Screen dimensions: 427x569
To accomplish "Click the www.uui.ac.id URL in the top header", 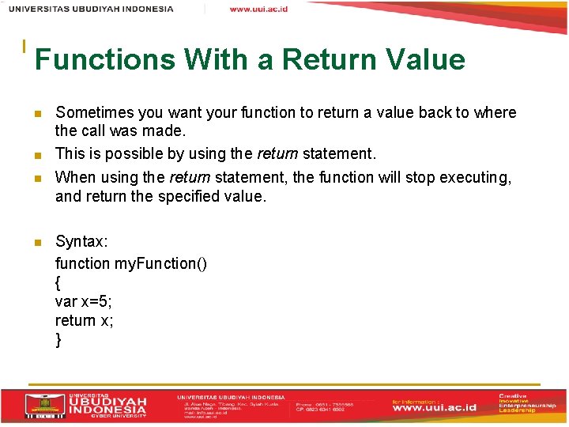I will (258, 9).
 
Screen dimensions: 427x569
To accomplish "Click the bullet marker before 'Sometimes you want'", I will (37, 114).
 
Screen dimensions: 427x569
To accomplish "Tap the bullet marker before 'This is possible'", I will (37, 154).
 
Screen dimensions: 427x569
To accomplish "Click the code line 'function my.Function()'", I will (131, 263).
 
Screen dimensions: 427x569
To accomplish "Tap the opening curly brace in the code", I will (58, 282).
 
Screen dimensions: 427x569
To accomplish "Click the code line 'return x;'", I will (84, 320).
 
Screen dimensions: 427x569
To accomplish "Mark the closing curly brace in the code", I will (58, 340).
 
